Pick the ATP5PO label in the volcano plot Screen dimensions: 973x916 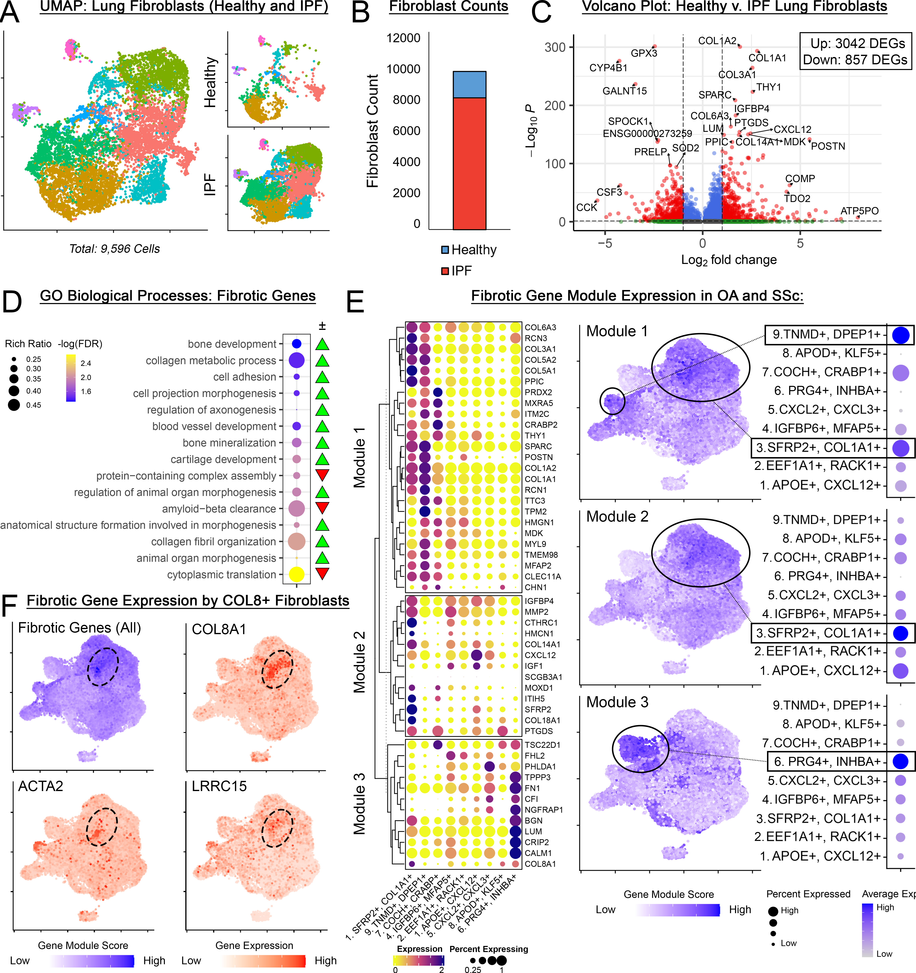pos(859,211)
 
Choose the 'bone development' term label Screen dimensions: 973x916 pos(232,344)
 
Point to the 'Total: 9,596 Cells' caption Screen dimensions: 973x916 pos(115,249)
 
